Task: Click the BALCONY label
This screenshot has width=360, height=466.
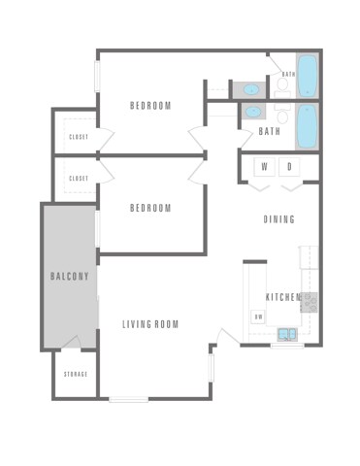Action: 69,277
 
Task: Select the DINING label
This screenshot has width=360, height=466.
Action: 279,219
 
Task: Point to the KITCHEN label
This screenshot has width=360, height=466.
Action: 283,297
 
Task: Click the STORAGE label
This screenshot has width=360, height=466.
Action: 76,374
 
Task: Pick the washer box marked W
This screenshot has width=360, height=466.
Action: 264,167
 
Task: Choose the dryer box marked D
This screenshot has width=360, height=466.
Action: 289,167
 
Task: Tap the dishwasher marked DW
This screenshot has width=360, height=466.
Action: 259,316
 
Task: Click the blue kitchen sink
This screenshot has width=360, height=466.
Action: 288,334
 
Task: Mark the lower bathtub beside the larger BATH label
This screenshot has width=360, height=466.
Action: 308,126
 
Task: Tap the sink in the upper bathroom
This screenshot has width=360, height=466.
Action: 251,89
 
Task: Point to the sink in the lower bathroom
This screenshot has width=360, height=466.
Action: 251,112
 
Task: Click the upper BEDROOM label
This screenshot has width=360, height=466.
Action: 150,105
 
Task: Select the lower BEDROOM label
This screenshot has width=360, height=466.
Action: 150,208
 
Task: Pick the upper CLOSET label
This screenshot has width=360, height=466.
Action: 79,137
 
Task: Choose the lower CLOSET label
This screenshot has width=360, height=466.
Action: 79,179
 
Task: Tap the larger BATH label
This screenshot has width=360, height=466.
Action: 270,132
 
